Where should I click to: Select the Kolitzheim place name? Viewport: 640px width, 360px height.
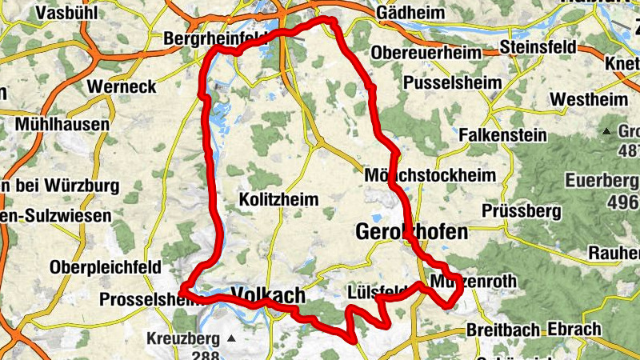click(x=278, y=199)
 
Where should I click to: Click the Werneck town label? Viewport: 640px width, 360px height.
click(x=122, y=87)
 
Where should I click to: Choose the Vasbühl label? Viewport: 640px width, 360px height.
click(x=50, y=13)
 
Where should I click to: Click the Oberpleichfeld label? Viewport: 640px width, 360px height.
click(x=106, y=266)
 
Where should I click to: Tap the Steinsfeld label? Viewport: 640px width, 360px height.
click(x=538, y=48)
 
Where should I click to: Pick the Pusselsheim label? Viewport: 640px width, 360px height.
click(x=453, y=82)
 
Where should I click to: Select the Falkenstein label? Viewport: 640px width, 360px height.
click(x=502, y=136)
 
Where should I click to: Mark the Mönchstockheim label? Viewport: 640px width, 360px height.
click(x=429, y=175)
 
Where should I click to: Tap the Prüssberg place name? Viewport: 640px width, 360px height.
click(x=522, y=211)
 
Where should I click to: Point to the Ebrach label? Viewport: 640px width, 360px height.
click(x=574, y=330)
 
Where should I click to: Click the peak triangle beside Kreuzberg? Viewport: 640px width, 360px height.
click(x=231, y=338)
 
